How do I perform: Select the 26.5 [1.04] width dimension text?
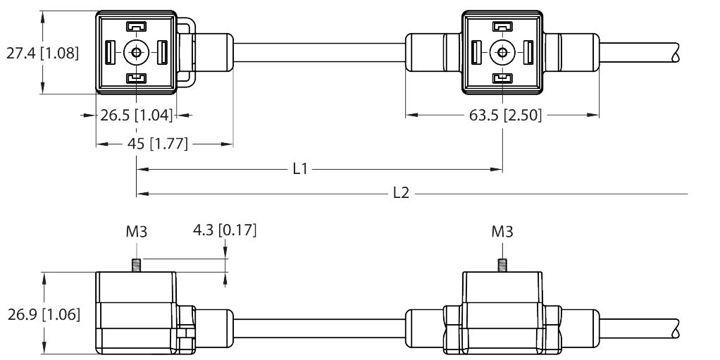pos(136,116)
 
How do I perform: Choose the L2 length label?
pos(400,193)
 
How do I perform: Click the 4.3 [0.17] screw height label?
pos(224,230)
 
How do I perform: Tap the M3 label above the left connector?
pos(136,231)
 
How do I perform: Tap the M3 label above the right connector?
pos(502,231)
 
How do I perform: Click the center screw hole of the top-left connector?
pos(135,52)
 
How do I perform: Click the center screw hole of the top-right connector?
pos(502,52)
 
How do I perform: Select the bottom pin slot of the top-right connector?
pos(502,77)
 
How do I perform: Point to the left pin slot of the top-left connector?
pos(110,52)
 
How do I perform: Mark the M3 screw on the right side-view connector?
pos(502,266)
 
